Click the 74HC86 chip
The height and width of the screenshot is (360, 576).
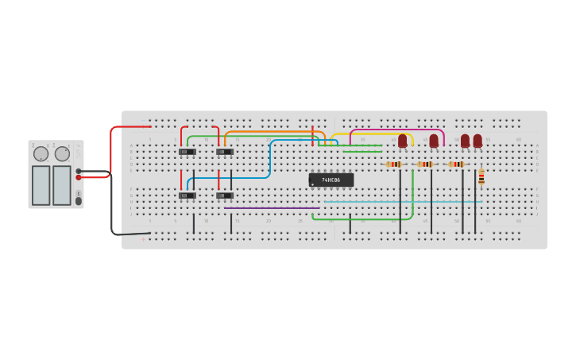coord(331,180)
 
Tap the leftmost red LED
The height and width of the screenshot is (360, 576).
coord(403,141)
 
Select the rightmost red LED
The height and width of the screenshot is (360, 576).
coord(477,141)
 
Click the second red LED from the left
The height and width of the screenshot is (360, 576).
coord(434,141)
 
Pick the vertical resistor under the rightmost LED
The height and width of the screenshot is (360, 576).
coord(481,177)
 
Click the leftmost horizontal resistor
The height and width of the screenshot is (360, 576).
coord(394,165)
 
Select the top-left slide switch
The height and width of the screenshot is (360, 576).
coord(187,152)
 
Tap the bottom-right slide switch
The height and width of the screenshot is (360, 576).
coord(225,195)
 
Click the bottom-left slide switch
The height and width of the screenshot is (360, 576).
coord(187,195)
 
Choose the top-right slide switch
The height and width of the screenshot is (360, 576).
coord(225,152)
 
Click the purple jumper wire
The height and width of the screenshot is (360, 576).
coord(272,208)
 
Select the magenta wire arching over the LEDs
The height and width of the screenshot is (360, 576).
coord(396,130)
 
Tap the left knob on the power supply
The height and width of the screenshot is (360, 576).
coord(41,154)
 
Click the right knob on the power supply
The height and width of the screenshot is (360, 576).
coord(62,154)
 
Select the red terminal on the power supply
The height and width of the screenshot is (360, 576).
coord(79,177)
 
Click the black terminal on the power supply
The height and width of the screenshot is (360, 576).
coord(79,171)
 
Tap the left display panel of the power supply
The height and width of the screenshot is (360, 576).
coord(41,185)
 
